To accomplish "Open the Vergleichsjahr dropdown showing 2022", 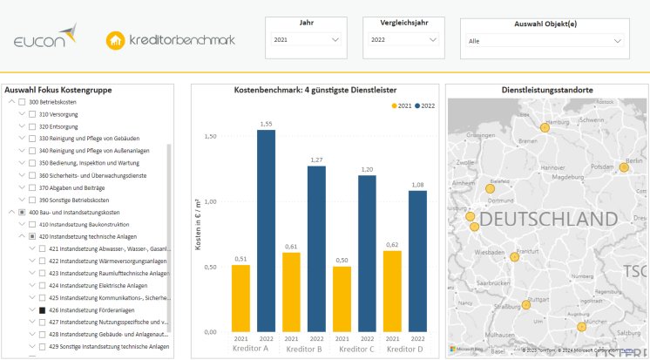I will [403, 40].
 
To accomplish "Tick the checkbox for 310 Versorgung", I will [32, 114].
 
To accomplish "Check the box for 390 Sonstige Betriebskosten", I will [32, 200].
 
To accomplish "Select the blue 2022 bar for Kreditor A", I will [266, 231].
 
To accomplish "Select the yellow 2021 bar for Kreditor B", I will [291, 292].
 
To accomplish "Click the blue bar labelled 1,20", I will [367, 253].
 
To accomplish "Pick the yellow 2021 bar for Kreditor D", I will [392, 291].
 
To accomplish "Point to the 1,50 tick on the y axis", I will [209, 137].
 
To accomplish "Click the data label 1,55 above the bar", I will [266, 124].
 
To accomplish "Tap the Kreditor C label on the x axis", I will [355, 350].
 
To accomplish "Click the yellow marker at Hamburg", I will [545, 127].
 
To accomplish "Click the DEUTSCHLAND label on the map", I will [541, 218].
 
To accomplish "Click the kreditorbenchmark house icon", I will [114, 40].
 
